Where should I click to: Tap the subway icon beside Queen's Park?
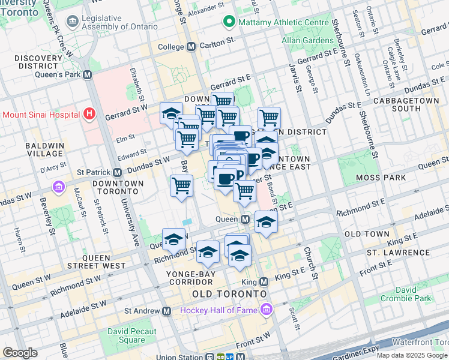pyautogui.click(x=88, y=75)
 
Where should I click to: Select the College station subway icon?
pyautogui.click(x=191, y=47)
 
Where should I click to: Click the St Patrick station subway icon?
pyautogui.click(x=117, y=172)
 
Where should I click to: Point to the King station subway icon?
pyautogui.click(x=264, y=282)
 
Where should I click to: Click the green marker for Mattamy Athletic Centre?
pyautogui.click(x=228, y=23)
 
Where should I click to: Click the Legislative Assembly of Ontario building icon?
pyautogui.click(x=73, y=22)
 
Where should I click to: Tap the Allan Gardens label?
pyautogui.click(x=309, y=41)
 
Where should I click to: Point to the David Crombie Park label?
pyautogui.click(x=414, y=294)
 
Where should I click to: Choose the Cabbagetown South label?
pyautogui.click(x=406, y=104)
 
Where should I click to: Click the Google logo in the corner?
pyautogui.click(x=20, y=353)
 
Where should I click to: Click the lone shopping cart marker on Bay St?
pyautogui.click(x=181, y=185)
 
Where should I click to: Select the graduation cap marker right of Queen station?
pyautogui.click(x=266, y=221)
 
